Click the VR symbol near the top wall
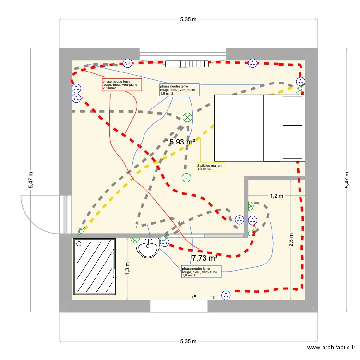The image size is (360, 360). [127, 63]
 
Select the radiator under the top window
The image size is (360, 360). [187, 63]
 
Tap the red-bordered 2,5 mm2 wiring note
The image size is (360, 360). [121, 85]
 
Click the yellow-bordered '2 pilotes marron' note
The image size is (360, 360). [211, 167]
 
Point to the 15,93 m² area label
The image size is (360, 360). [180, 142]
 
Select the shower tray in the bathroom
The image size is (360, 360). [94, 266]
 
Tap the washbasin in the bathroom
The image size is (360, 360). [147, 249]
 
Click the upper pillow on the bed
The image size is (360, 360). [293, 110]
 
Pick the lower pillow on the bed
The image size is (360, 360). [293, 144]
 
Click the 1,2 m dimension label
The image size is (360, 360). [276, 196]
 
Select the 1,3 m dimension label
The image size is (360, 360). [127, 268]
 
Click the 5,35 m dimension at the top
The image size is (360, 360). [188, 20]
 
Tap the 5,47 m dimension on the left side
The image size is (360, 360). [31, 180]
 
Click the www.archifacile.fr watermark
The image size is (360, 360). [331, 348]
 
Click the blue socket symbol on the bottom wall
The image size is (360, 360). [225, 295]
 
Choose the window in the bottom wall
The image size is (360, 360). [179, 306]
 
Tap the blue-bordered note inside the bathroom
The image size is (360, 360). [201, 272]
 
